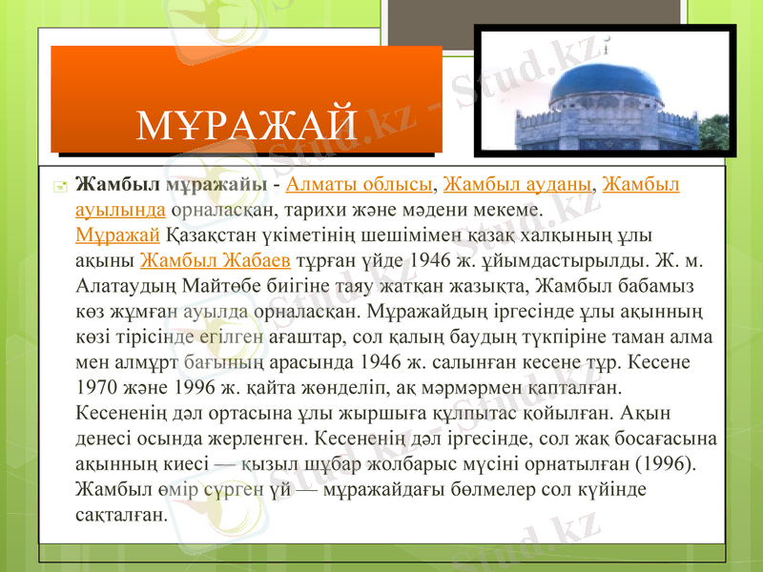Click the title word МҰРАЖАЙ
(246, 124)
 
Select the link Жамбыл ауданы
(517, 184)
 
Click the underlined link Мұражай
(116, 235)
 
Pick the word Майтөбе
(244, 284)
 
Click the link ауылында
(121, 209)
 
